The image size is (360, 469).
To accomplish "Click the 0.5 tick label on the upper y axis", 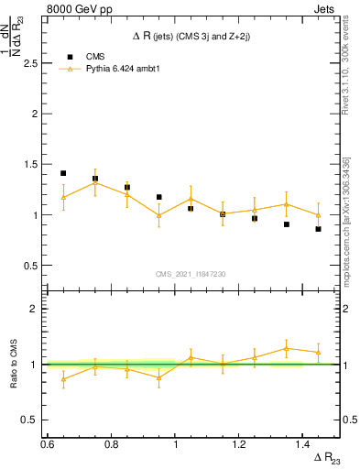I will point(31,266).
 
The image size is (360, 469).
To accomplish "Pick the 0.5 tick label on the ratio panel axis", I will point(31,420).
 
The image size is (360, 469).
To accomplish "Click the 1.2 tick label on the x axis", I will point(240,444).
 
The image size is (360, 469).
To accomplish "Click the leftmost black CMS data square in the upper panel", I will point(63,173).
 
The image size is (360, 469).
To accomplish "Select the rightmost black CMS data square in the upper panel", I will point(318,229).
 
